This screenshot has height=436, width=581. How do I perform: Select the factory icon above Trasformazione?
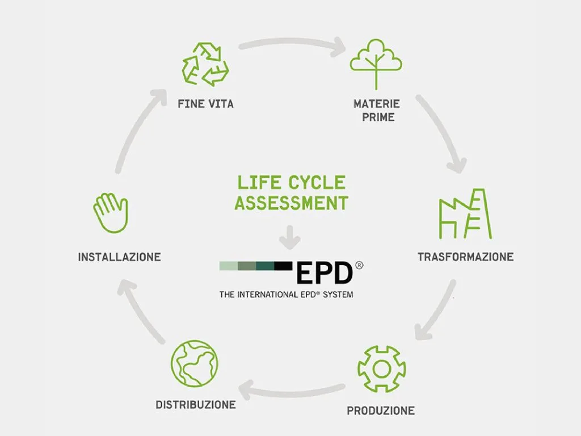coord(465,214)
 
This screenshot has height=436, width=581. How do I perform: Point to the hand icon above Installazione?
coord(111,213)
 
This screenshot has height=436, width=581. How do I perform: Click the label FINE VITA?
coord(205,104)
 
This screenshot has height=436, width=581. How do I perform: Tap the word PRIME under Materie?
coord(378,117)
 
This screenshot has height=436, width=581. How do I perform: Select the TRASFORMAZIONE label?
coord(465,257)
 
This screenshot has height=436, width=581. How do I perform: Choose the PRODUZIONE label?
coord(381,410)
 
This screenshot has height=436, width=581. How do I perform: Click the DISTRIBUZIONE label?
coord(196,404)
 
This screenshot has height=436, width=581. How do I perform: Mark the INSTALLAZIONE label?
coord(119,257)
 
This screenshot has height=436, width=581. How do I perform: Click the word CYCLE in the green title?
coord(317,183)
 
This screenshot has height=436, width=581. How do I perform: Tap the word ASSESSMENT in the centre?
coord(291,203)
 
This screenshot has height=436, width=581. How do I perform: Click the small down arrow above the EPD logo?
coord(290,237)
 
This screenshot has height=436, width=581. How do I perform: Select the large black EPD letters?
coord(325,273)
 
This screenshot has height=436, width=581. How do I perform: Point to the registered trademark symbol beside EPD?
coord(359,265)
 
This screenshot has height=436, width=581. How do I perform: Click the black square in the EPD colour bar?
coord(284,266)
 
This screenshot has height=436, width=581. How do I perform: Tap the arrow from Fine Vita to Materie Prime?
coord(292,43)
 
